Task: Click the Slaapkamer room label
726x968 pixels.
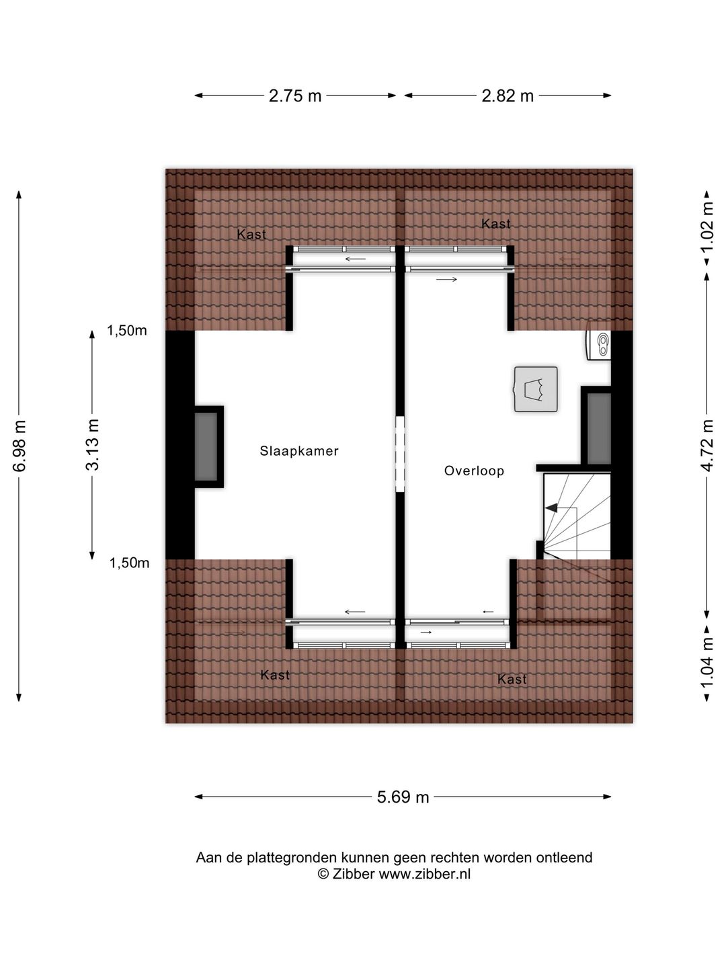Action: pos(299,451)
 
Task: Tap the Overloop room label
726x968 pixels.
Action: pos(474,471)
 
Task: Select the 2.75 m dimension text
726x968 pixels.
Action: pos(295,96)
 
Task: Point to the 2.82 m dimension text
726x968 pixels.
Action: pos(508,96)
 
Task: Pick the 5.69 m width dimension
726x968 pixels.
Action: pos(403,797)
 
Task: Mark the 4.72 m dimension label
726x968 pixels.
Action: pos(707,446)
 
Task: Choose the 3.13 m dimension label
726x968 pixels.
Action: pos(92,444)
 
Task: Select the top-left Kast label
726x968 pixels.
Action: pos(251,235)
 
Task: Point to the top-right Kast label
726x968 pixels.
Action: pos(495,224)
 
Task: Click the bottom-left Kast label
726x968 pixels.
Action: pos(275,675)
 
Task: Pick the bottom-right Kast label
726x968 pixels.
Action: pos(512,680)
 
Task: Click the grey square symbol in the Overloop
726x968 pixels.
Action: pos(536,389)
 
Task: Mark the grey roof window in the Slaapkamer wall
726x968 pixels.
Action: pos(206,446)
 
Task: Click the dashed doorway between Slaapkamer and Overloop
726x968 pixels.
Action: pos(401,453)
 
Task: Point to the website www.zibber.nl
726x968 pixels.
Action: pos(424,875)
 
